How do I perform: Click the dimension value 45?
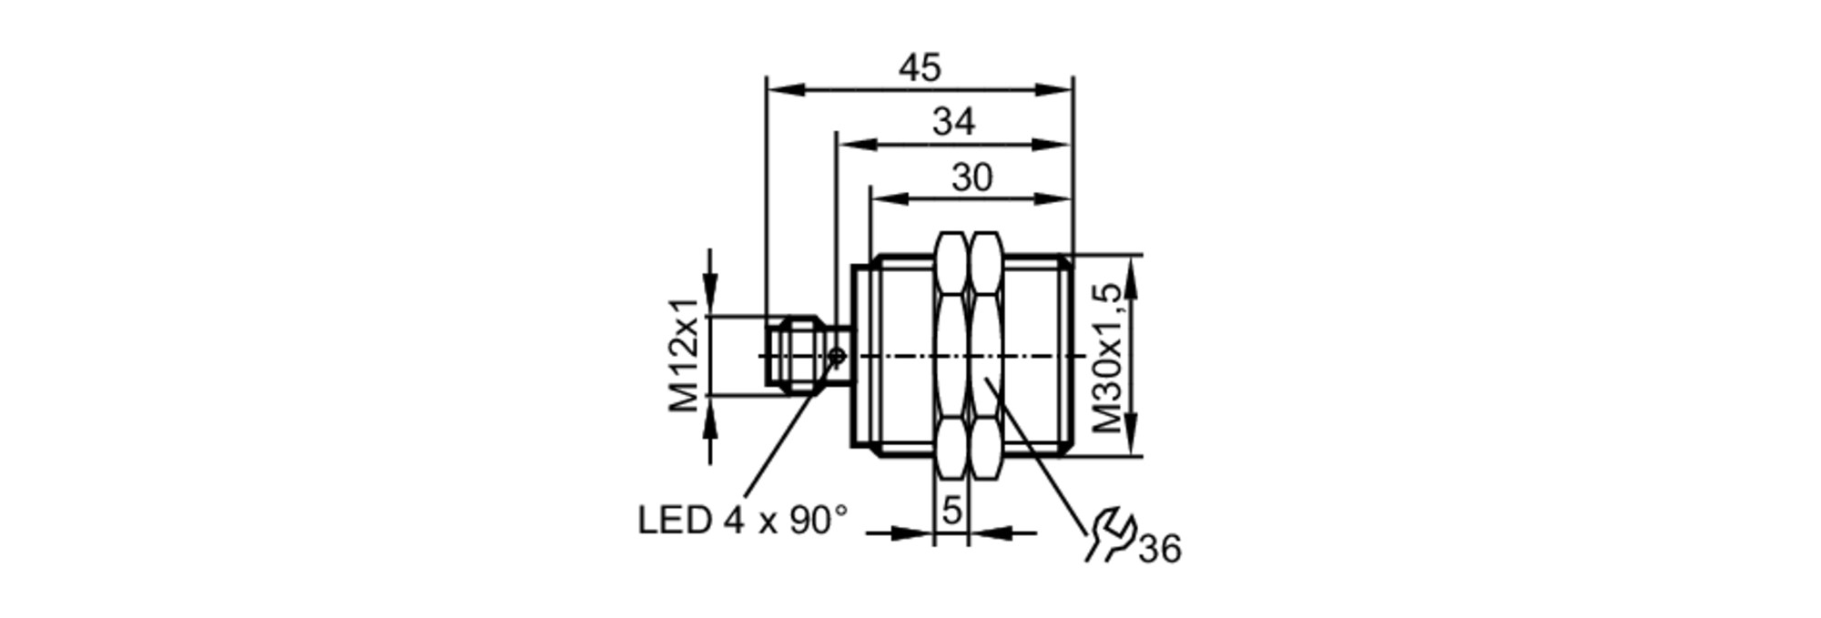tap(920, 68)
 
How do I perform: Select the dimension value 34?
tap(953, 122)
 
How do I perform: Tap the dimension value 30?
tap(972, 177)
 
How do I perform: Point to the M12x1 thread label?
tap(685, 355)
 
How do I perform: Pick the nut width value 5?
tap(951, 510)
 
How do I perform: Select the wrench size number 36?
tap(1160, 549)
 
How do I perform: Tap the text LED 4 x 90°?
tap(743, 521)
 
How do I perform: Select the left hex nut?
tap(951, 355)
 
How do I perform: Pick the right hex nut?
tap(985, 355)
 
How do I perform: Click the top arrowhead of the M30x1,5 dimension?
tap(1132, 275)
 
